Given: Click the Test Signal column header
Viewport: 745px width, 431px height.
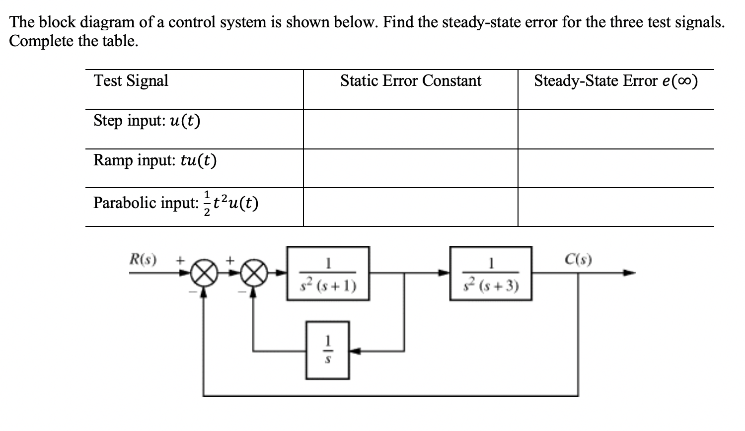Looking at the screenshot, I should click(131, 80).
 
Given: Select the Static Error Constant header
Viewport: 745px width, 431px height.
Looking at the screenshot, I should click(410, 80).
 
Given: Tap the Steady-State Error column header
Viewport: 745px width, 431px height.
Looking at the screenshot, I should click(615, 80).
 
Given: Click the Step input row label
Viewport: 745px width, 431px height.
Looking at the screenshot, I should click(147, 121).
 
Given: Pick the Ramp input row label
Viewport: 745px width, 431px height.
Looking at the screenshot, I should click(155, 160).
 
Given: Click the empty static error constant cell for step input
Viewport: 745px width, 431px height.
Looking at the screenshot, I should click(410, 129).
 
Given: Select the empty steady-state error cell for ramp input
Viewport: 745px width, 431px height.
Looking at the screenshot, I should click(615, 168).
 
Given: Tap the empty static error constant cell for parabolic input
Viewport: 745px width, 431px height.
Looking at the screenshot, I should click(410, 207).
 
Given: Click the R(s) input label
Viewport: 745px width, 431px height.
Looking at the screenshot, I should click(143, 259).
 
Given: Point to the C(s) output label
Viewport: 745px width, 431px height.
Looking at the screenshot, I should click(578, 259).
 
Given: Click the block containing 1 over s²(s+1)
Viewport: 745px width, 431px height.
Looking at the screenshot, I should click(328, 273).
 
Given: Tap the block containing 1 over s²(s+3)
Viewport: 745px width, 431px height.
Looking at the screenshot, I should click(491, 273).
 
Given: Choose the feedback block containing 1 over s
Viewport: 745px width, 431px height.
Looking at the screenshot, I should click(327, 351).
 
